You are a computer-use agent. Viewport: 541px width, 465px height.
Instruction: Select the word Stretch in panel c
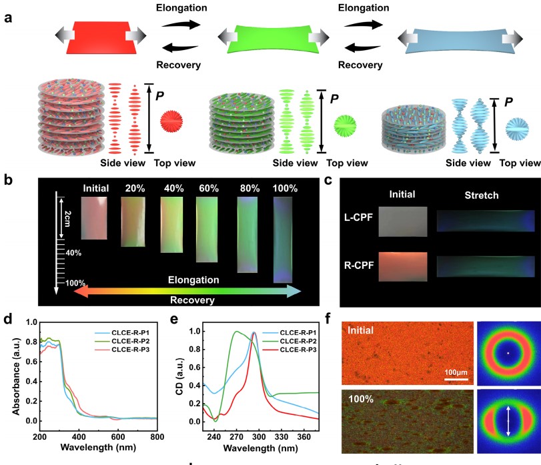click(484, 195)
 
